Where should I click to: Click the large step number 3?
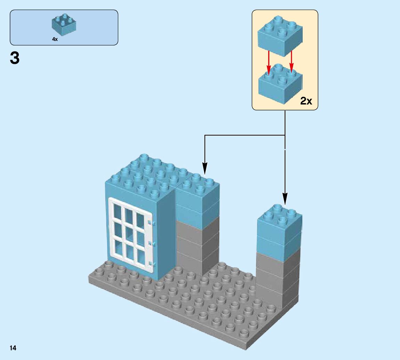[15, 58]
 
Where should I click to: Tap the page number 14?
[13, 348]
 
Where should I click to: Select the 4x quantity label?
[55, 40]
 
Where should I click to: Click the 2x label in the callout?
[306, 101]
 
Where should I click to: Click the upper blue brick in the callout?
[279, 36]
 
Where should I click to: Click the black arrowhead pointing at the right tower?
[285, 199]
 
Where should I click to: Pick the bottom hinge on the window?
[150, 264]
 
